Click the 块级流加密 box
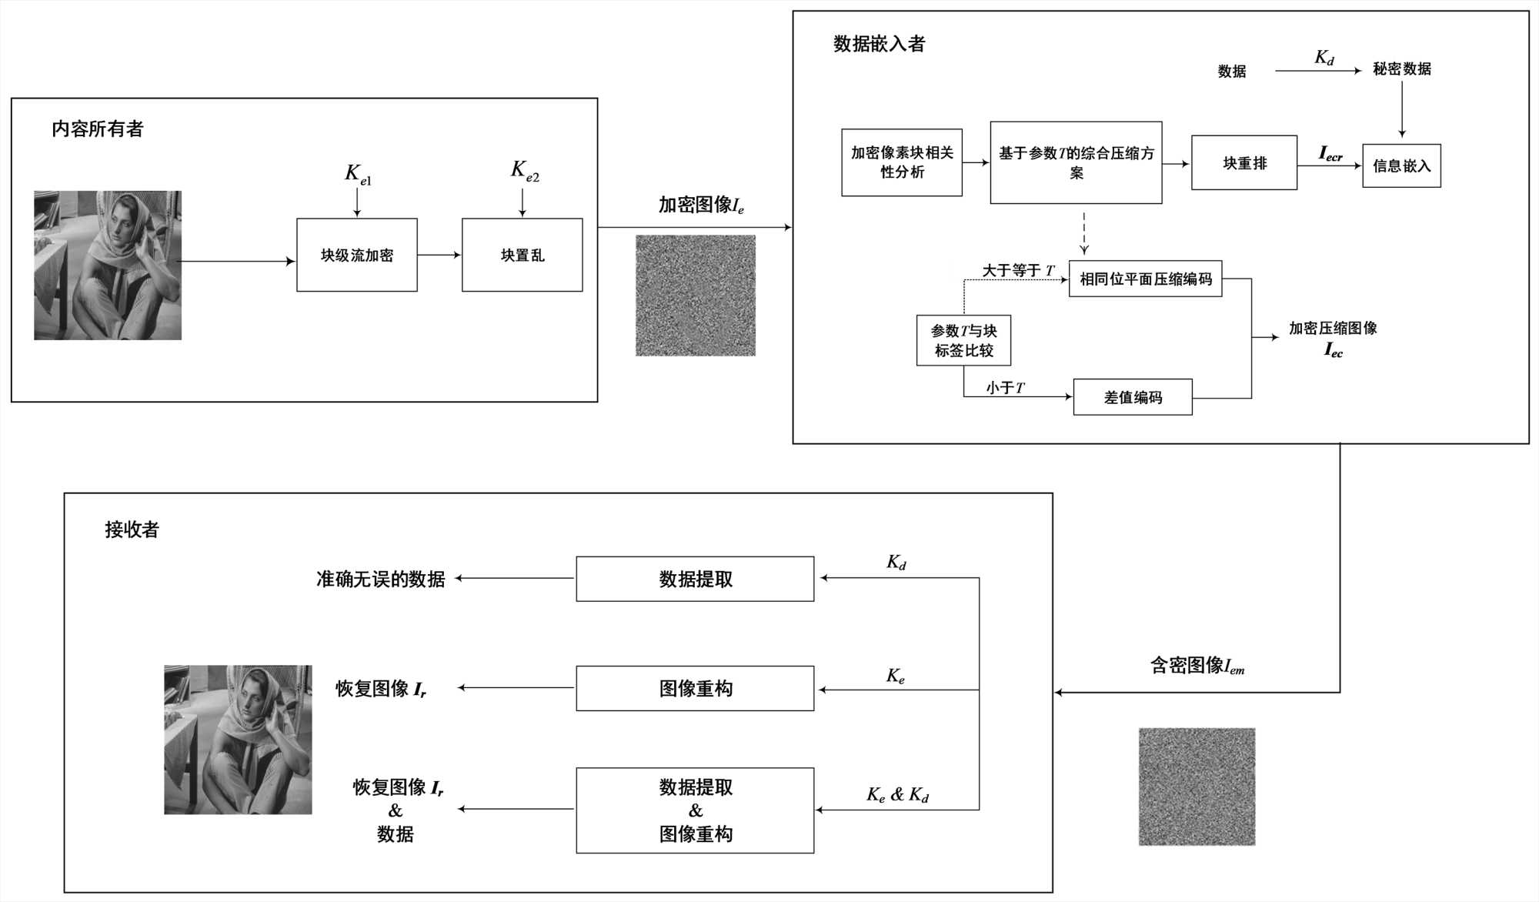coord(357,255)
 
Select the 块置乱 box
coord(522,255)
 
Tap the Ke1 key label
coord(358,174)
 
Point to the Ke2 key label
coord(525,171)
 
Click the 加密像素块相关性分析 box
coord(902,162)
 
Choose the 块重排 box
coord(1244,162)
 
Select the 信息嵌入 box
coord(1401,165)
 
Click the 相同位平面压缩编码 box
coord(1145,279)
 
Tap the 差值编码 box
coord(1133,397)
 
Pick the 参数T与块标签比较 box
coord(963,340)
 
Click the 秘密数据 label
coord(1401,69)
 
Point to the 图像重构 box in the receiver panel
coord(695,688)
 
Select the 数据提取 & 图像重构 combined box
coord(695,810)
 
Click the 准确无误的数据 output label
coord(380,579)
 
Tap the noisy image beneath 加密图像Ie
coord(696,296)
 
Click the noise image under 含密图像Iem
coord(1197,787)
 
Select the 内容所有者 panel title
coord(98,129)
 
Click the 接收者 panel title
coord(132,530)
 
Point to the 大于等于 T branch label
coord(1017,270)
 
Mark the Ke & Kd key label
coord(897,794)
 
